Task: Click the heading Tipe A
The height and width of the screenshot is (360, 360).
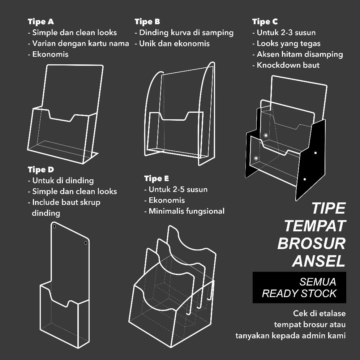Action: (41, 22)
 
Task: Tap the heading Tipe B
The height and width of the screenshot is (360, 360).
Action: (147, 22)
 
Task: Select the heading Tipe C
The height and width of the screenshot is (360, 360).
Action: (265, 22)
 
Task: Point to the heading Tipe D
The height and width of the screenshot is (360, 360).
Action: (41, 170)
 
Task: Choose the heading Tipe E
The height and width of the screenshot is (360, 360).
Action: (157, 179)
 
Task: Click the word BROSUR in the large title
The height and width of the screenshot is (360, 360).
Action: (312, 243)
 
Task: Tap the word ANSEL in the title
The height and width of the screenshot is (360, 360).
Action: (319, 261)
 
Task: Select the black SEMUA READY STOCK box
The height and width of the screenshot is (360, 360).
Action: (299, 287)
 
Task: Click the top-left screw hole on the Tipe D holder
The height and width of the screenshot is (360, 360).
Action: (55, 226)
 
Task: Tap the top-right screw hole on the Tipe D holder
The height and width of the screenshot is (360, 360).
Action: (86, 243)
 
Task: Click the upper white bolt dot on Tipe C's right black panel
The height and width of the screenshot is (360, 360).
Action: (316, 153)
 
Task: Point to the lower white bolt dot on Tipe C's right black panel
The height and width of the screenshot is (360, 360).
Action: (305, 179)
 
